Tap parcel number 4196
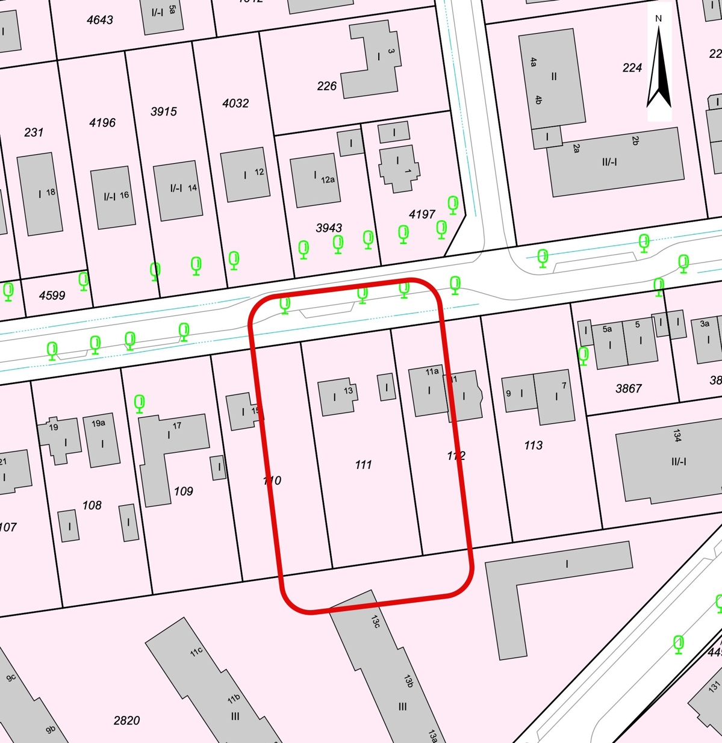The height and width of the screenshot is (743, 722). point(102,123)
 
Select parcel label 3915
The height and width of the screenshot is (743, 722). point(164,111)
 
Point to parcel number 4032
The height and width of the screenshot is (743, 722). point(235,103)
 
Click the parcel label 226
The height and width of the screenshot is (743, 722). point(326,86)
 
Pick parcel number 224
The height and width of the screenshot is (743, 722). point(632,68)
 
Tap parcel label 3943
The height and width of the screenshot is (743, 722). point(329,228)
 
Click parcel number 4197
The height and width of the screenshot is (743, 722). point(422,214)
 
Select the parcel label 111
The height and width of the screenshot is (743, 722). point(363,464)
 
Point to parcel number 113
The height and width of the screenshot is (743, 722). point(533,445)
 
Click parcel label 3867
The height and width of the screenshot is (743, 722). point(629,388)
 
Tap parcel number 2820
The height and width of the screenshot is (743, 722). point(126,720)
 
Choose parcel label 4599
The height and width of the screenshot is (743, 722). point(52,295)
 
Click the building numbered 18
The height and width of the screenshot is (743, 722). point(40,193)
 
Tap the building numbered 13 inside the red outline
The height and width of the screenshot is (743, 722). point(338,396)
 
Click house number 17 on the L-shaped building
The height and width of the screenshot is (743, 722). point(177,426)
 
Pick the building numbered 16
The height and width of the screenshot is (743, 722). point(113,197)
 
